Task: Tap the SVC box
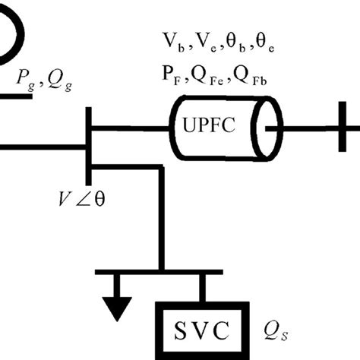point(202,331)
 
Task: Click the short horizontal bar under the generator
point(15,98)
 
